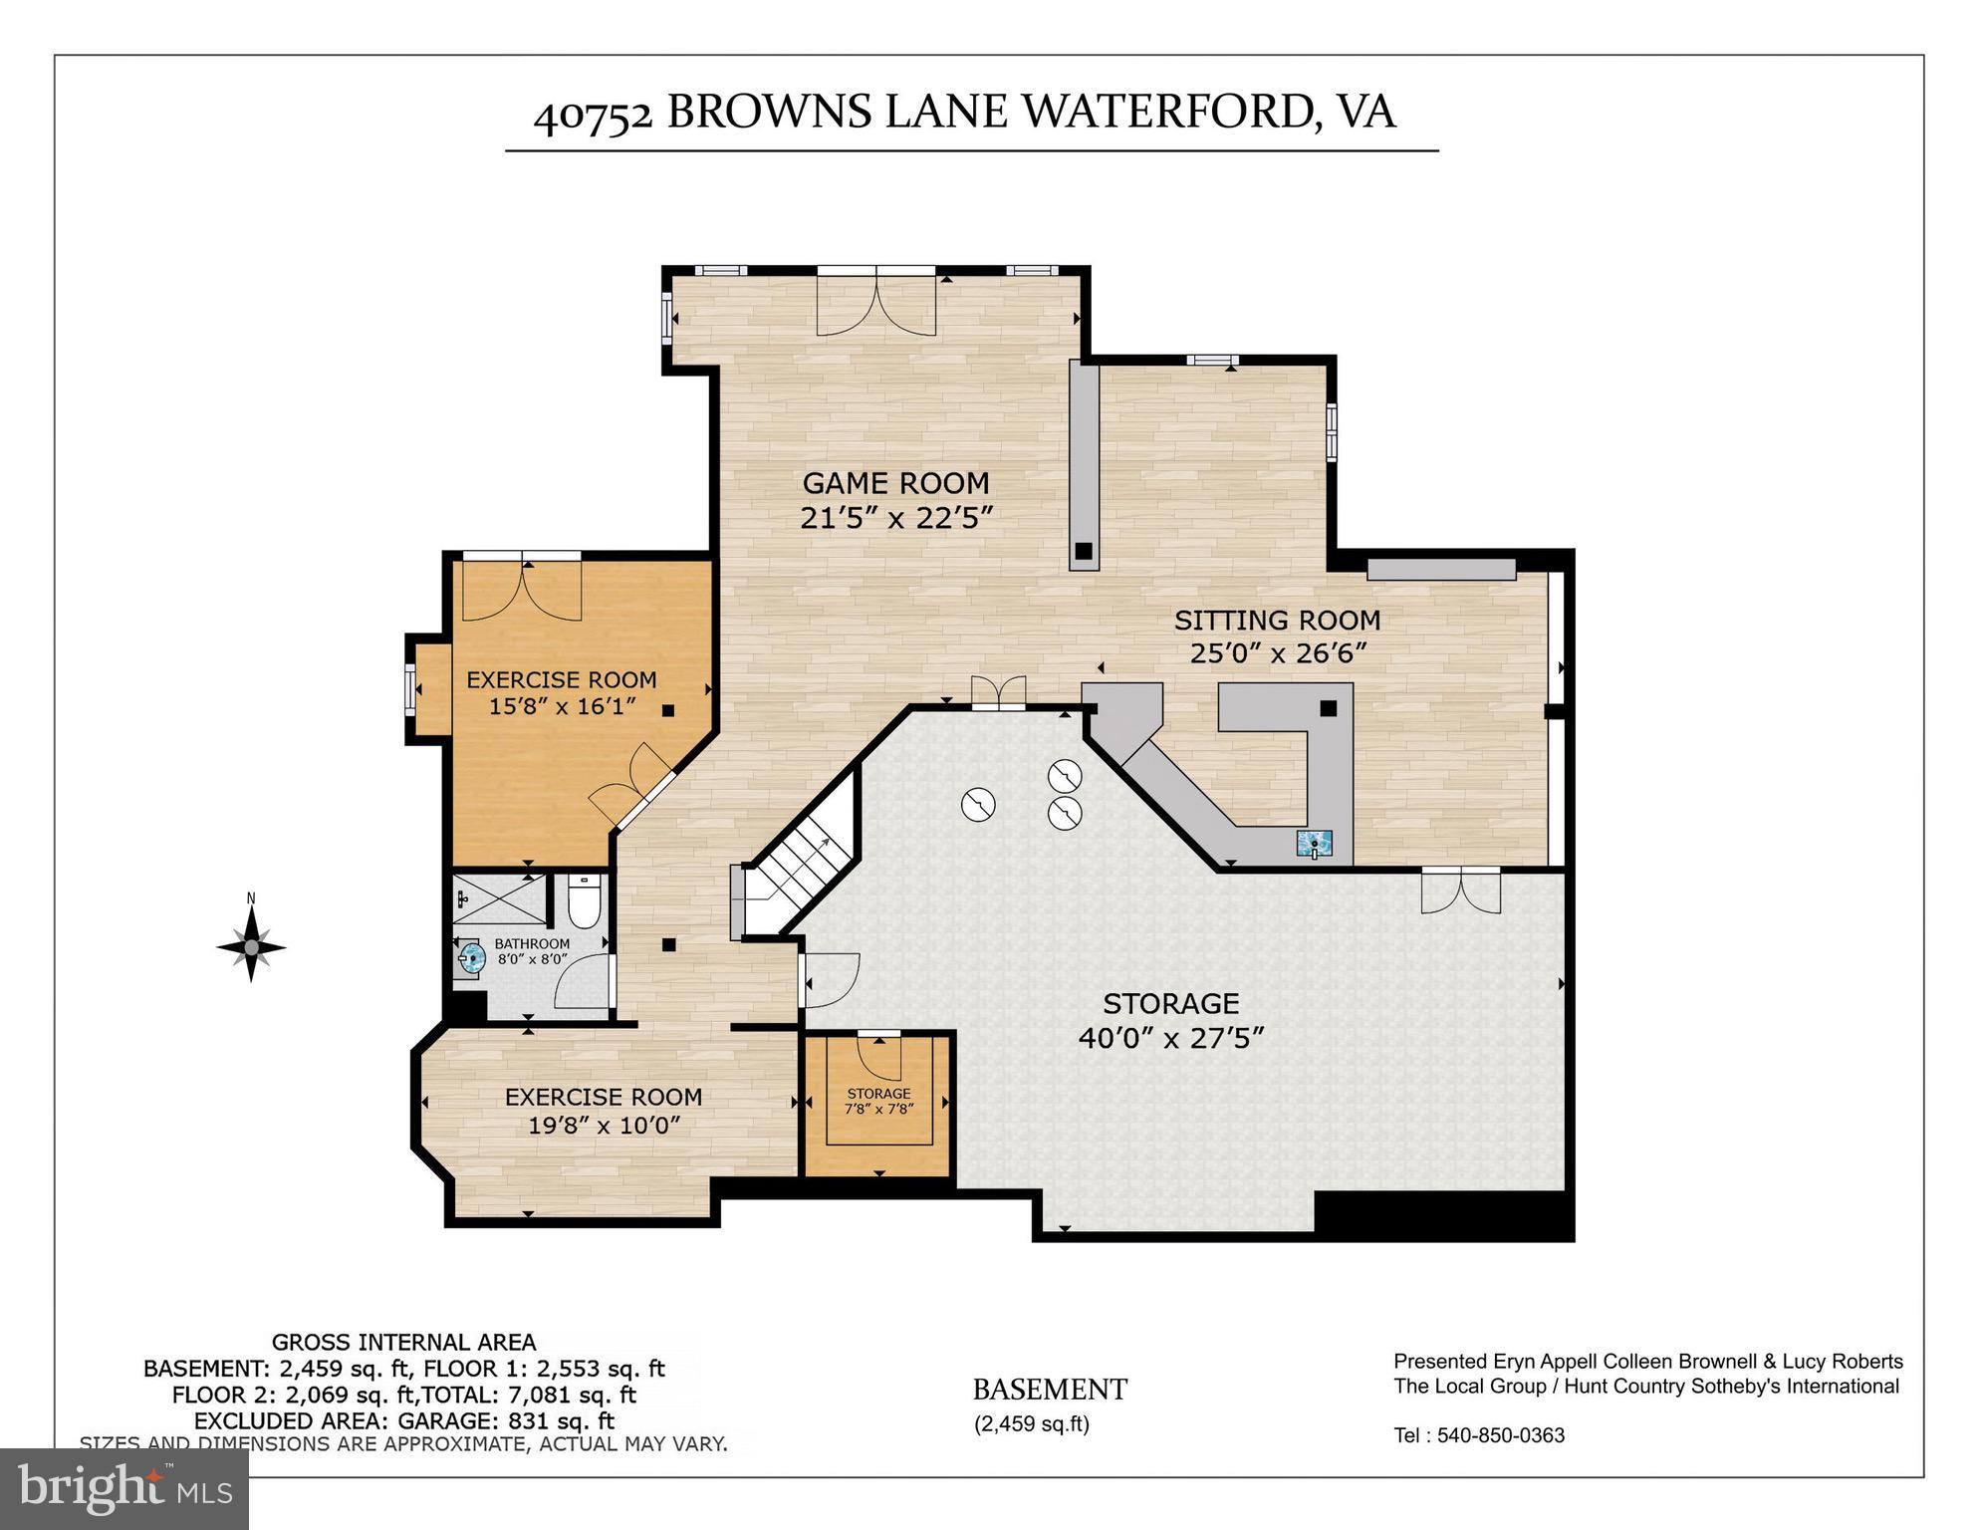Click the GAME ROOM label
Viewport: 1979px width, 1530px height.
click(895, 483)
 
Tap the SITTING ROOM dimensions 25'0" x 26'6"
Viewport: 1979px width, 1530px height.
click(1277, 653)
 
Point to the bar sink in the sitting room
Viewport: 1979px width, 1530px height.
click(1315, 844)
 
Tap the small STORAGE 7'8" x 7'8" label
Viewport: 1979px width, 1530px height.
click(878, 1101)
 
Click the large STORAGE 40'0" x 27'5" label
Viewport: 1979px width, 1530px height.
click(1171, 1020)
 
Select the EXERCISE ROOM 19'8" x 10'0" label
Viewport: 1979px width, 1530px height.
click(604, 1111)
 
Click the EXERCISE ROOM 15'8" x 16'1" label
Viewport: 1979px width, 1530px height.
click(562, 692)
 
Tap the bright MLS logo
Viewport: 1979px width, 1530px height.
click(124, 1488)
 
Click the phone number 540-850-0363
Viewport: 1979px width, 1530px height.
click(1501, 1435)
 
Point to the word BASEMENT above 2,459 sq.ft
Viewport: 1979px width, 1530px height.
click(1050, 1390)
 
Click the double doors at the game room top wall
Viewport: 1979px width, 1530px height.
click(875, 302)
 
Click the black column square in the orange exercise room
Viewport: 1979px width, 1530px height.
click(668, 710)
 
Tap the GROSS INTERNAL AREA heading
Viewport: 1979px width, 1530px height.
click(403, 1343)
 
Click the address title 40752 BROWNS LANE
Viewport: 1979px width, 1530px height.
click(964, 112)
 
